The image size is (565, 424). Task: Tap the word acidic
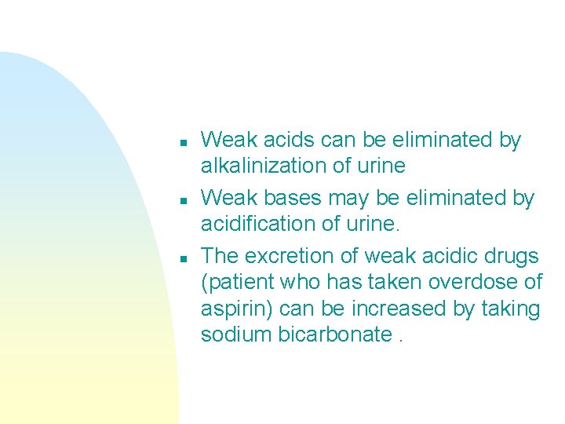pos(443,257)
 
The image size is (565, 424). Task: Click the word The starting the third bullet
pos(220,257)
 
